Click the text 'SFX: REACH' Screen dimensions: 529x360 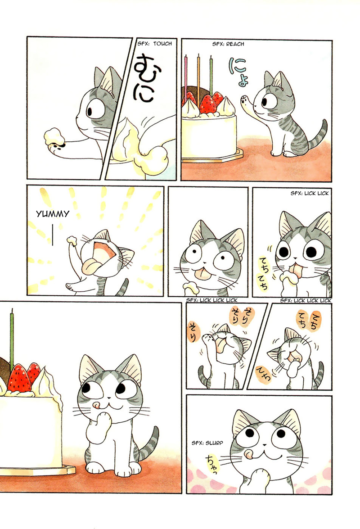point(228,44)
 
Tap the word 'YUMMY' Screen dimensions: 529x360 point(53,214)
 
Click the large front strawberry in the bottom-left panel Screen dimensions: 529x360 point(19,378)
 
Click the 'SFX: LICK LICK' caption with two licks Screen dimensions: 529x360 point(310,193)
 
